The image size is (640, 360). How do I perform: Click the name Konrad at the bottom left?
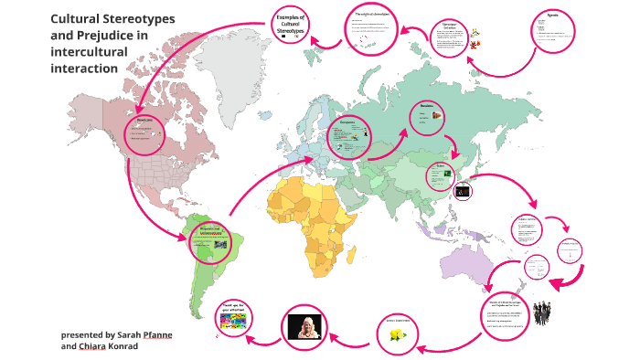(x=114, y=346)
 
